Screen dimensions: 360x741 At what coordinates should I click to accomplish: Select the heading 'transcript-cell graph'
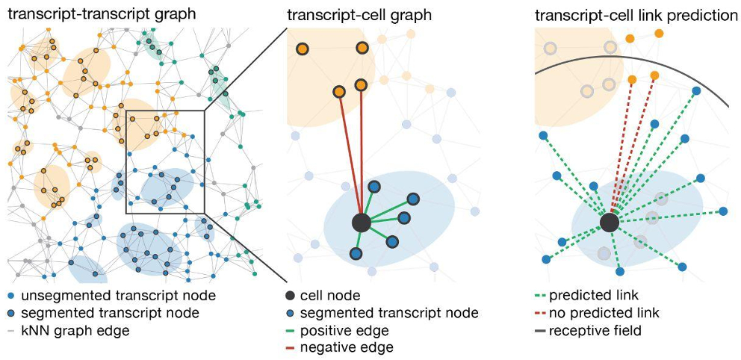point(345,13)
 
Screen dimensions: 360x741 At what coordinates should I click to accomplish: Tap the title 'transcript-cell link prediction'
point(636,13)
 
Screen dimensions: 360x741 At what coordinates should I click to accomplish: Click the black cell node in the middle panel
point(362,222)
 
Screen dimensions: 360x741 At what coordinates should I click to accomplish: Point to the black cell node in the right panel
point(609,222)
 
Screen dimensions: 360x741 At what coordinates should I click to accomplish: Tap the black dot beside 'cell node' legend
point(292,296)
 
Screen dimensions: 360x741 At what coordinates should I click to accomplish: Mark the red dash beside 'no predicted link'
point(539,313)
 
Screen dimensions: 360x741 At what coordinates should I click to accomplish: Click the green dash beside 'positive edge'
point(292,330)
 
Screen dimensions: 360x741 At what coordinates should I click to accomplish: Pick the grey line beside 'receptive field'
point(539,330)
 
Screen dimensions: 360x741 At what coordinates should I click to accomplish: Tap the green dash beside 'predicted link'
point(539,296)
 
